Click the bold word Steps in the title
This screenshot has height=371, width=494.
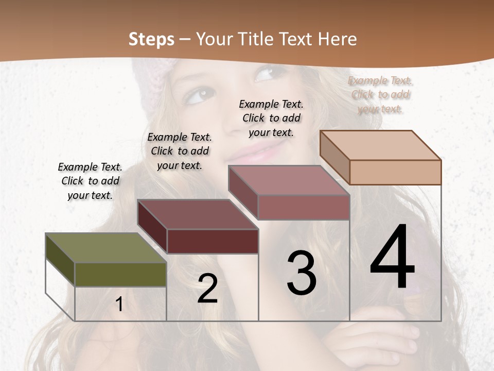[x=151, y=39]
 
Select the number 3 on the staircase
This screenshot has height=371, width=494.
[x=302, y=273]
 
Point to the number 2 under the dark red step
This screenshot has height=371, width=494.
[x=207, y=289]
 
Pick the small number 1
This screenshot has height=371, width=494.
[x=119, y=304]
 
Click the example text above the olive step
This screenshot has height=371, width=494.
[x=90, y=181]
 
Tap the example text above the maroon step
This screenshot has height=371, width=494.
[x=180, y=151]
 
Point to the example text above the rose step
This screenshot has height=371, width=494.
[x=271, y=118]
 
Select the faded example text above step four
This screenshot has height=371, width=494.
[x=380, y=94]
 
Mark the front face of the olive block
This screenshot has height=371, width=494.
[x=120, y=274]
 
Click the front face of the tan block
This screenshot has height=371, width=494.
[x=395, y=172]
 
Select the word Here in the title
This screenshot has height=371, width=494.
[x=337, y=39]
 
